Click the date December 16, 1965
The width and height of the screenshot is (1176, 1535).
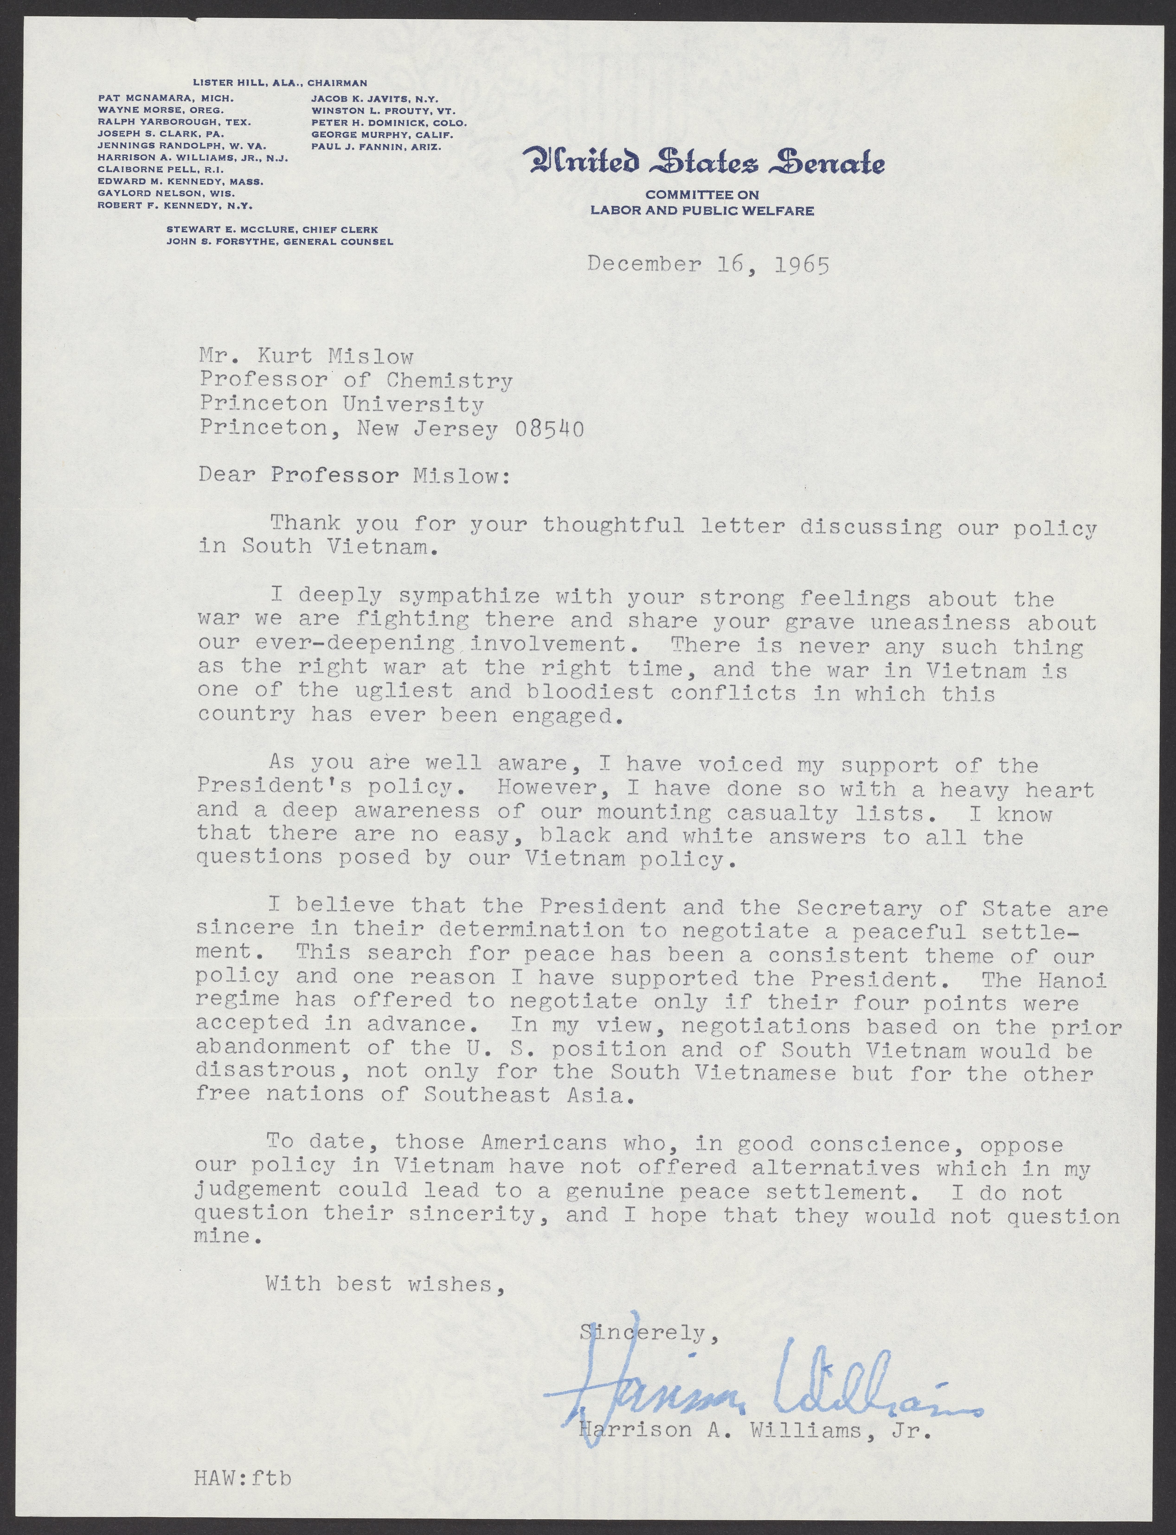pyautogui.click(x=708, y=265)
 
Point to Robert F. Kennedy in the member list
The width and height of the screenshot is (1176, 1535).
pyautogui.click(x=175, y=206)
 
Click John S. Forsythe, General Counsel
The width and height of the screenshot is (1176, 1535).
pyautogui.click(x=279, y=241)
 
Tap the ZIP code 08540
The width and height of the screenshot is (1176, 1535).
pyautogui.click(x=549, y=428)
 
